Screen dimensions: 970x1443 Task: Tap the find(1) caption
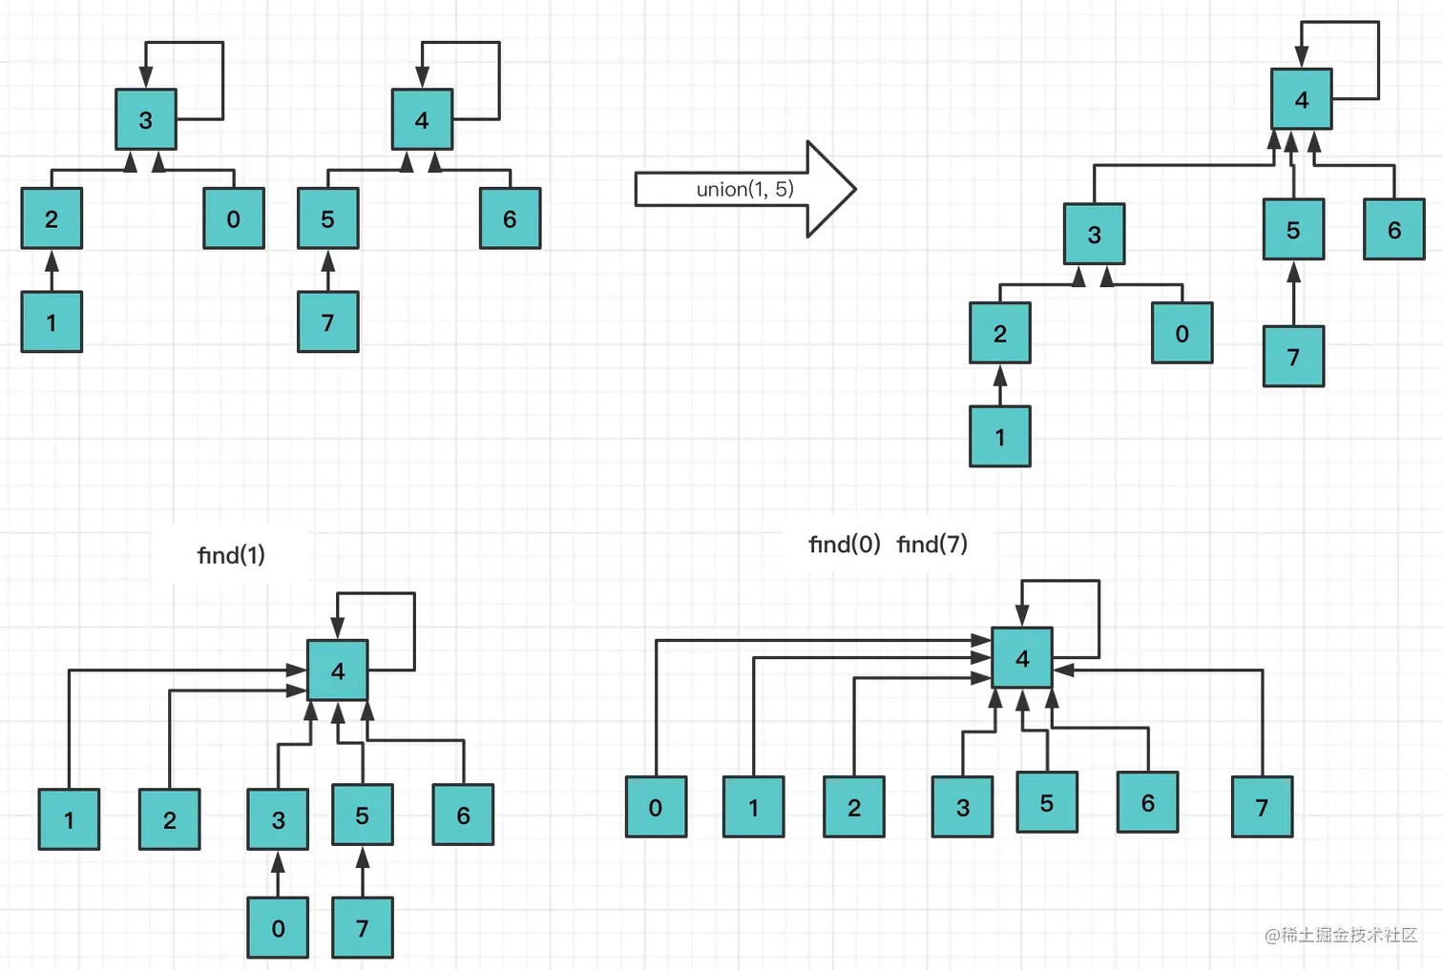click(231, 555)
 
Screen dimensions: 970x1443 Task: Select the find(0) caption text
click(844, 545)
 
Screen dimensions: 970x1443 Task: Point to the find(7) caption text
click(931, 545)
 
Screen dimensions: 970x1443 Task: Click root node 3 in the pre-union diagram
click(146, 120)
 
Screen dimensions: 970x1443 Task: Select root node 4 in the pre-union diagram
click(422, 120)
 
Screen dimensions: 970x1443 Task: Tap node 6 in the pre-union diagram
click(510, 219)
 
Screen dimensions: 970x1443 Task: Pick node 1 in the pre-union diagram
click(52, 322)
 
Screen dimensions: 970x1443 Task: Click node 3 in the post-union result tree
click(1095, 235)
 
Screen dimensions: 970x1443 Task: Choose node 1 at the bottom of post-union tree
click(1000, 437)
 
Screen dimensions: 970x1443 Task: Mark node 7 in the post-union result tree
click(1293, 357)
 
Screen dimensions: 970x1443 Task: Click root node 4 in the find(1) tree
click(338, 671)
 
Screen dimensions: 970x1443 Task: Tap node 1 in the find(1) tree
click(69, 819)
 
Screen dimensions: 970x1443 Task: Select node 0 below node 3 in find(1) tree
click(278, 928)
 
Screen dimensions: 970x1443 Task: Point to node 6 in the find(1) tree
click(463, 815)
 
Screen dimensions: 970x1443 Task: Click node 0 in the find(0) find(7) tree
click(656, 808)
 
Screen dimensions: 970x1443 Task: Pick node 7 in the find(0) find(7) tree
click(1262, 808)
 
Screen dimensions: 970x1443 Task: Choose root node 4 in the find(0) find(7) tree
click(1022, 658)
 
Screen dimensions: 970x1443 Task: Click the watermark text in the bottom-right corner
click(1341, 936)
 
